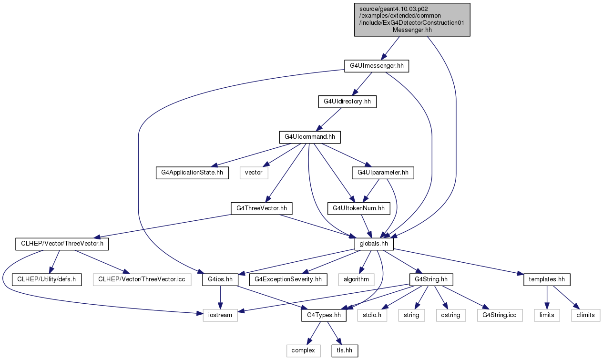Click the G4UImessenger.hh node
(376, 66)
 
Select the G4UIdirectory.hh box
(347, 102)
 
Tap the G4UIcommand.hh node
(310, 137)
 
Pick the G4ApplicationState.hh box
(192, 173)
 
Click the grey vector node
(254, 173)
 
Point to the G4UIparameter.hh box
(383, 173)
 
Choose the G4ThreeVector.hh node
(261, 208)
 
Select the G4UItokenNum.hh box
(358, 208)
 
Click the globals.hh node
(374, 244)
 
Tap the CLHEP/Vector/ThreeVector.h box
(62, 244)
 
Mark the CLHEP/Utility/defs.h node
(47, 279)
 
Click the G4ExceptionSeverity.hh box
(288, 279)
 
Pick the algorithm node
(356, 279)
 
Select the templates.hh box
(547, 279)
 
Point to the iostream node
(220, 315)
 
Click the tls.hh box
(345, 350)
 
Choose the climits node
(585, 315)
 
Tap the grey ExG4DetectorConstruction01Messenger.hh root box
(412, 20)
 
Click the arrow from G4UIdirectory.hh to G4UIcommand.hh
(329, 120)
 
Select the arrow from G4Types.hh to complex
(314, 333)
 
